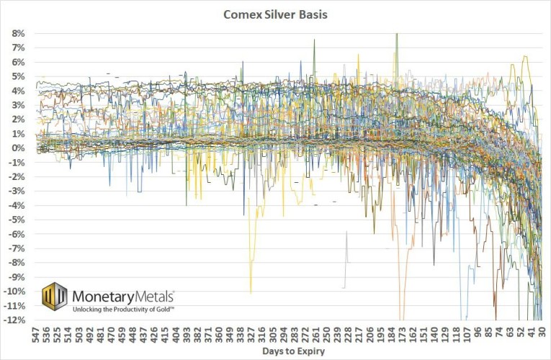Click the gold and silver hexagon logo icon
[x=55, y=296]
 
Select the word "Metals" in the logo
[x=153, y=296]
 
